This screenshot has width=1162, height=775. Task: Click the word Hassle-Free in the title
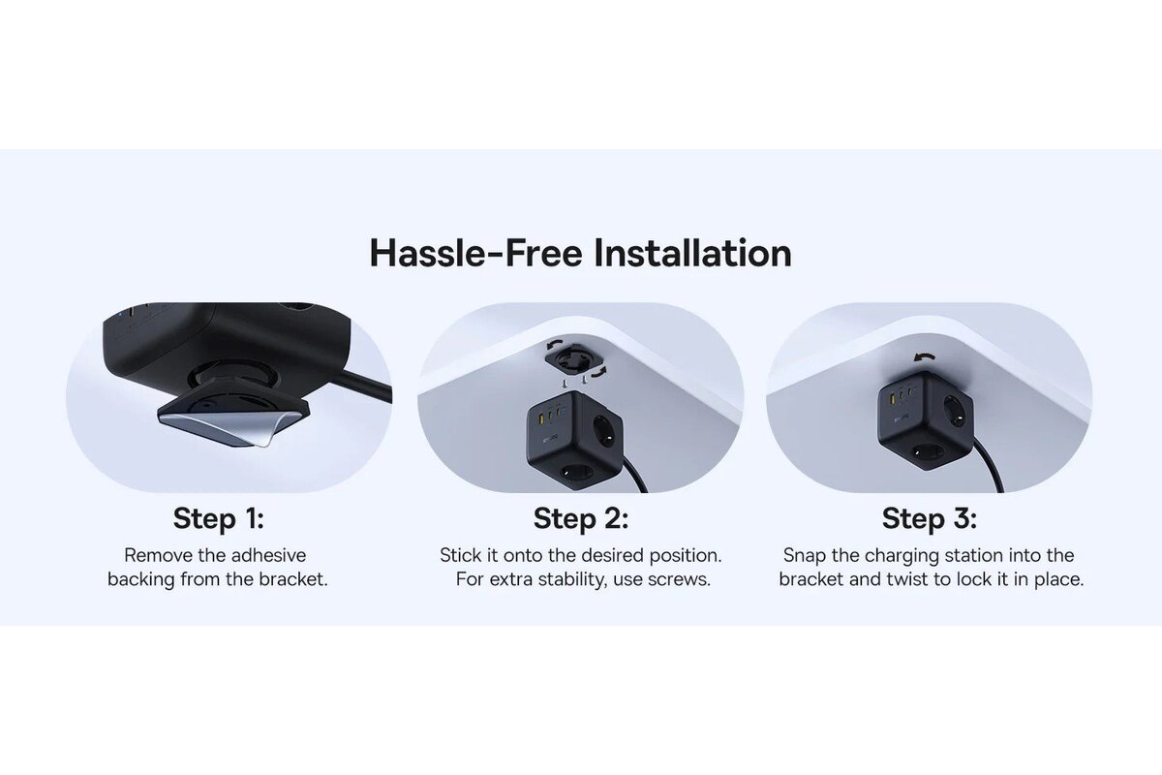click(475, 253)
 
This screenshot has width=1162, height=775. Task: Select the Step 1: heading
click(219, 518)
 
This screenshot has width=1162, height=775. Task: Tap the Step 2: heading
click(580, 518)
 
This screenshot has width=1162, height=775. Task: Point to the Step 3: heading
click(929, 518)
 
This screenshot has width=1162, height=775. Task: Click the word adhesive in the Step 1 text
click(269, 555)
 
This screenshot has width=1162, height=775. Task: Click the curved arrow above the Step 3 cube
click(924, 357)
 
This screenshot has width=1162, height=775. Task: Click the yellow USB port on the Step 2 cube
click(542, 418)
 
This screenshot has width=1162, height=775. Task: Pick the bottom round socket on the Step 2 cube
click(572, 473)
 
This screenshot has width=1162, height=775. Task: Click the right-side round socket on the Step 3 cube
click(954, 411)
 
